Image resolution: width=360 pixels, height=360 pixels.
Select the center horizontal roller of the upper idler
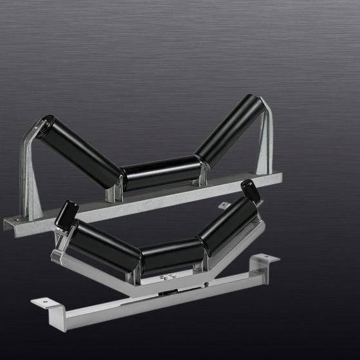click(161, 173)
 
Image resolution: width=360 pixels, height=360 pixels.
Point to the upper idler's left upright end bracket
click(29, 174)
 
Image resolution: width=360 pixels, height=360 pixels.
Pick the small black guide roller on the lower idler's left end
click(66, 215)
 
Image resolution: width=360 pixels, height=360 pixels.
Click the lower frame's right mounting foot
click(265, 260)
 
